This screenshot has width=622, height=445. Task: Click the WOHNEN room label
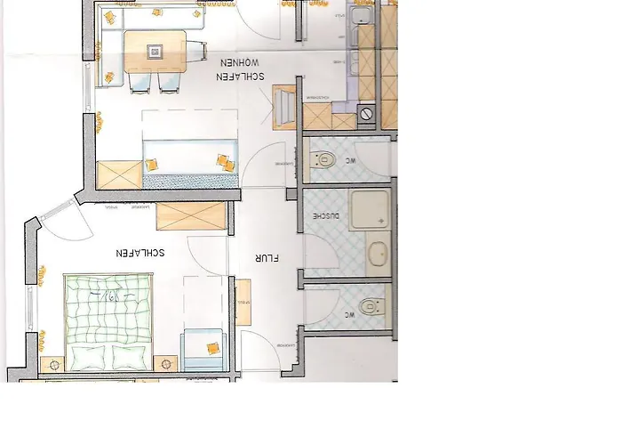point(239,63)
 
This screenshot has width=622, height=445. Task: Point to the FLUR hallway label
point(267,260)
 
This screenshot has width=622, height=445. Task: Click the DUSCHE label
point(321,216)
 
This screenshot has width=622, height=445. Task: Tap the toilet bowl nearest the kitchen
point(323,161)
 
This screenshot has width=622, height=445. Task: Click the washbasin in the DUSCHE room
point(378,254)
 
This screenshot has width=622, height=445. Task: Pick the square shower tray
point(371,210)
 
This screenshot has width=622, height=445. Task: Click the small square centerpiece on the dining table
point(155,51)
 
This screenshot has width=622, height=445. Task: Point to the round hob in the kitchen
point(367,113)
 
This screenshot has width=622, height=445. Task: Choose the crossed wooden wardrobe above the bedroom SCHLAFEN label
point(191,216)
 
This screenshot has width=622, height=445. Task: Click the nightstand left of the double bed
point(52,365)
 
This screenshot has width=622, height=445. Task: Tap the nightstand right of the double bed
point(165,365)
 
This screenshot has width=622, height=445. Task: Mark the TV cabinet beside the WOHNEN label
point(284,104)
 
